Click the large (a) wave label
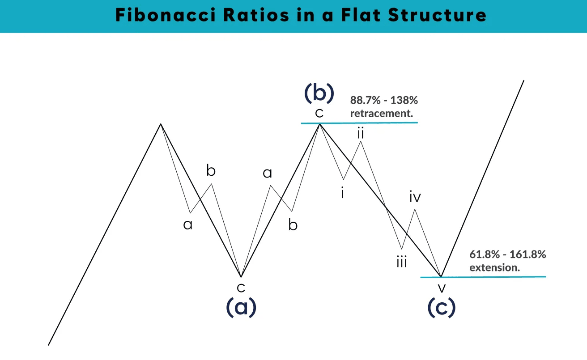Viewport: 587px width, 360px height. pyautogui.click(x=241, y=307)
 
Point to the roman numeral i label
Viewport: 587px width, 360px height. pyautogui.click(x=342, y=193)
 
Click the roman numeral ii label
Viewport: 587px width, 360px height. pyautogui.click(x=361, y=133)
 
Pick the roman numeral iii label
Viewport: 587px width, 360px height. pyautogui.click(x=402, y=262)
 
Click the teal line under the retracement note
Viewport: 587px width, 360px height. pyautogui.click(x=359, y=123)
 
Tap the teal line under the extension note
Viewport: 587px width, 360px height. pyautogui.click(x=483, y=277)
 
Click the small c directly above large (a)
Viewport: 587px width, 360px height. pyautogui.click(x=241, y=287)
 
